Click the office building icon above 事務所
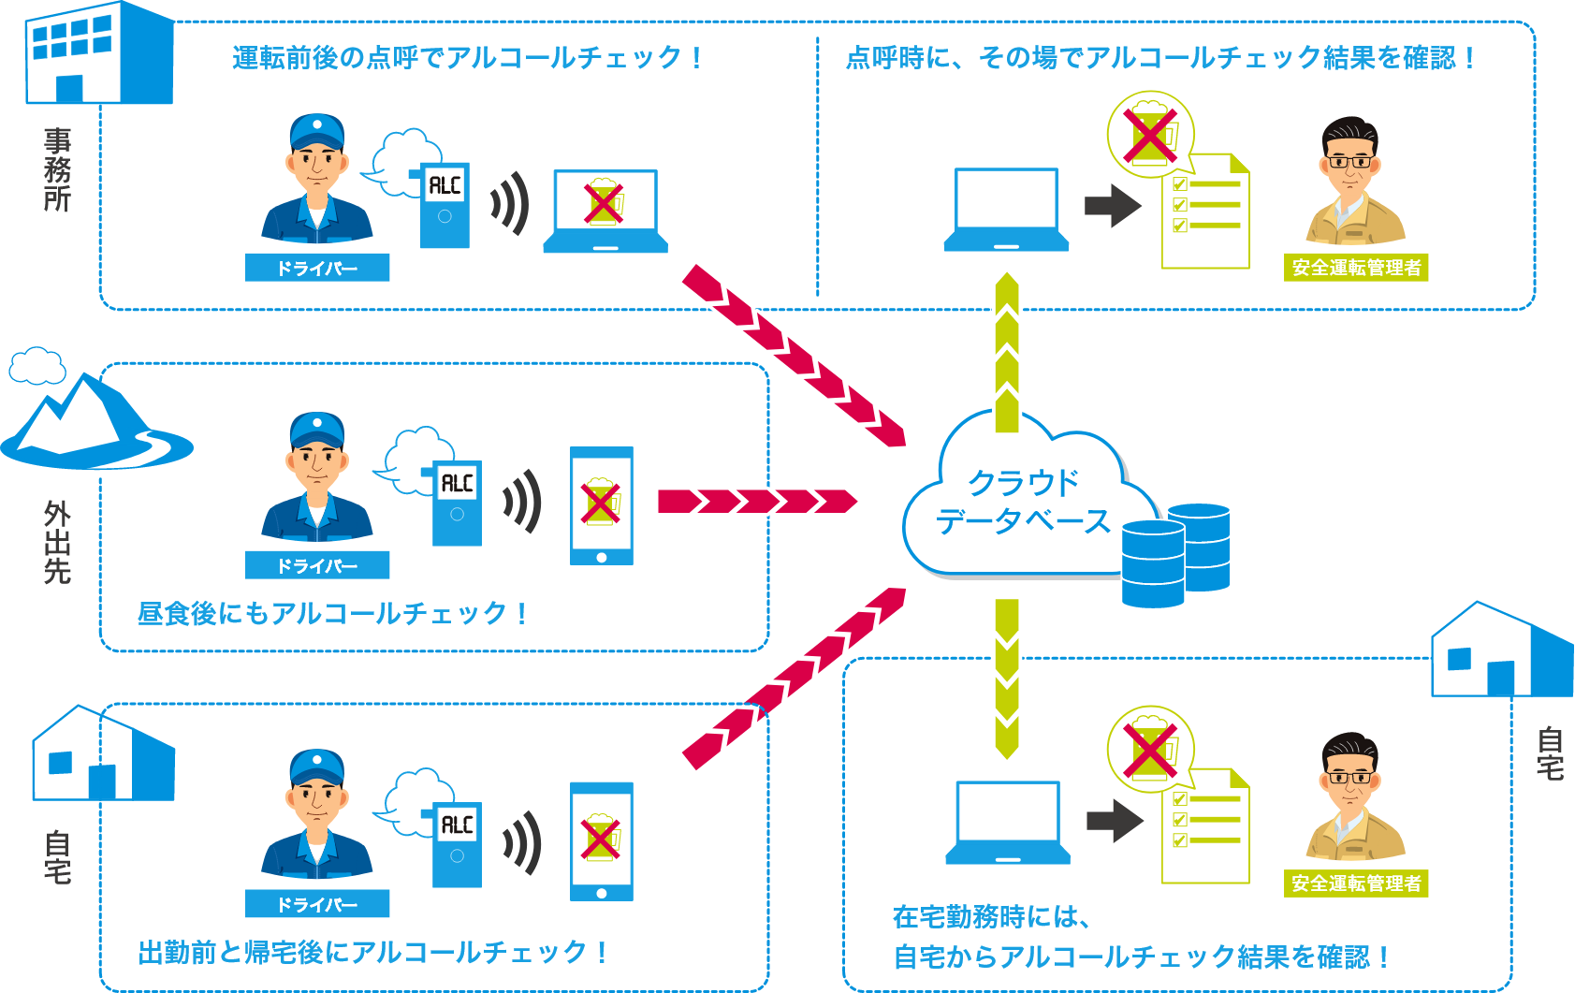point(98,53)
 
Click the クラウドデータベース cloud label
point(1023,502)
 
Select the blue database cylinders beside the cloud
point(1176,555)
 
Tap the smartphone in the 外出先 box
point(602,505)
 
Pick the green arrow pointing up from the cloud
point(1007,351)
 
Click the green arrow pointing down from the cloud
point(1007,679)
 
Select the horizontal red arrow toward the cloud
point(756,502)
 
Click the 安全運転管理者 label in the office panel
point(1356,268)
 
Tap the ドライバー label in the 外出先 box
point(316,565)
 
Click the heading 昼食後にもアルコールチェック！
point(332,614)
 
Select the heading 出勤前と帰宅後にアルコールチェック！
point(372,953)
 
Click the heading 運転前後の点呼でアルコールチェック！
point(467,58)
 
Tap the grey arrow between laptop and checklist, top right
point(1113,205)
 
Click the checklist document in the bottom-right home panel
point(1205,826)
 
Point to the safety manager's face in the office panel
point(1350,165)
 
